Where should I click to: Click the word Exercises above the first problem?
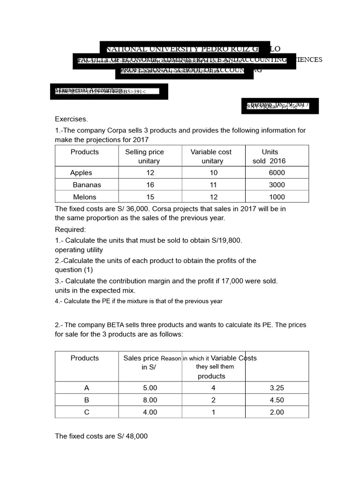[x=71, y=119]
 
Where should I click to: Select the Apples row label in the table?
[x=81, y=172]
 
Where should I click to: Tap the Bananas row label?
[x=87, y=185]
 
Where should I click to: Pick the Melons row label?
[x=84, y=197]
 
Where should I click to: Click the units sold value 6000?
[x=277, y=172]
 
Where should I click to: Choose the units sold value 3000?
[x=277, y=185]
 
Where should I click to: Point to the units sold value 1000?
[x=277, y=197]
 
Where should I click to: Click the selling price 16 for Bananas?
[x=150, y=185]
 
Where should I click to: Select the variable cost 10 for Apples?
[x=213, y=172]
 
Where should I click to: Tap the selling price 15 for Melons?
[x=150, y=197]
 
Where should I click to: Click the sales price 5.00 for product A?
[x=150, y=388]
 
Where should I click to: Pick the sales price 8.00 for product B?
[x=150, y=400]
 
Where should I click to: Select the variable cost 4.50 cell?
[x=277, y=400]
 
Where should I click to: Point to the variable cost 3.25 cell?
[x=277, y=388]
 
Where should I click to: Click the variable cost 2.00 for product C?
[x=277, y=412]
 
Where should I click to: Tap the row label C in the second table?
[x=86, y=412]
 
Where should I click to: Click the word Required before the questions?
[x=70, y=230]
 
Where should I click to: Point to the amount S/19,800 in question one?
[x=227, y=240]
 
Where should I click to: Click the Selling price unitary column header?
[x=144, y=156]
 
